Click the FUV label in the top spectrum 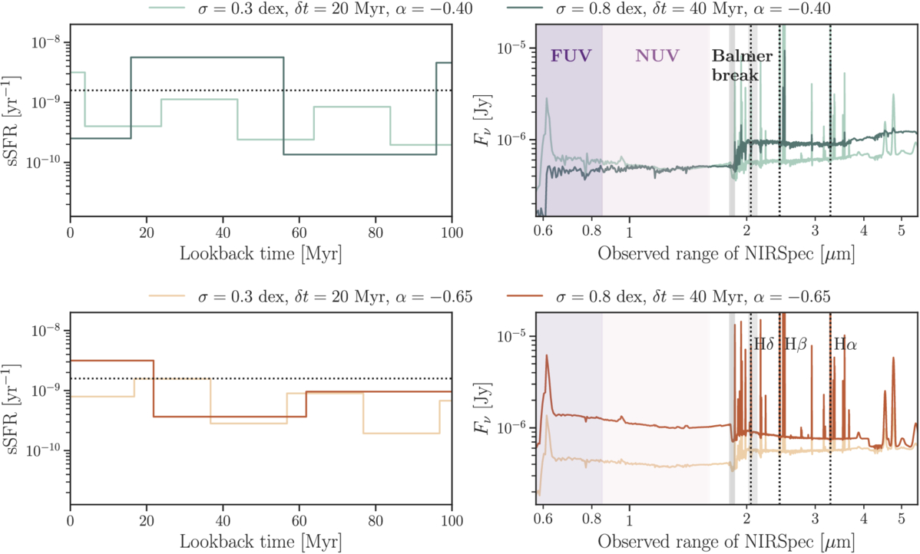click(x=569, y=55)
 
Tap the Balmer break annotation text click(x=741, y=66)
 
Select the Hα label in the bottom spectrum click(x=846, y=345)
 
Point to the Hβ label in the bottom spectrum click(x=794, y=345)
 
